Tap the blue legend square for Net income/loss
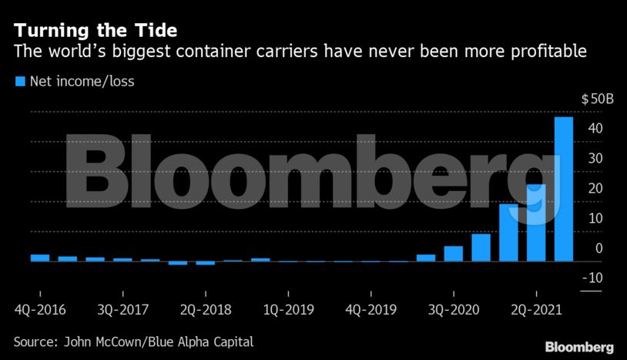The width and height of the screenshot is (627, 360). click(x=19, y=80)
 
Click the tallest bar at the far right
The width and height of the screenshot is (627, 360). click(x=564, y=189)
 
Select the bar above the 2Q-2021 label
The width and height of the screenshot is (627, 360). click(x=536, y=223)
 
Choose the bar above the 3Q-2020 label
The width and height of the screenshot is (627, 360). click(x=453, y=254)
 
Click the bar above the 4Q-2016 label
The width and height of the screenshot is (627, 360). click(x=40, y=257)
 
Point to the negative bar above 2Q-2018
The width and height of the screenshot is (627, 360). click(x=205, y=263)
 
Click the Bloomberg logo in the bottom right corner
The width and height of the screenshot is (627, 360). click(x=578, y=347)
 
